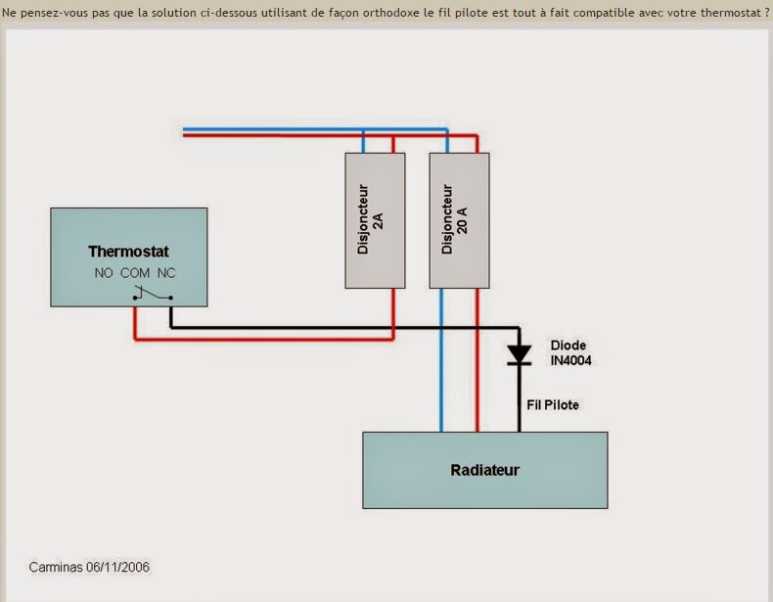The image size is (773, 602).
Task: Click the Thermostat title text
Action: pyautogui.click(x=128, y=252)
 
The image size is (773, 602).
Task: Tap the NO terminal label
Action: pyautogui.click(x=104, y=273)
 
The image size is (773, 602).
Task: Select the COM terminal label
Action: pyautogui.click(x=135, y=273)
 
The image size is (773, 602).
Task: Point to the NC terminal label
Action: pyautogui.click(x=166, y=273)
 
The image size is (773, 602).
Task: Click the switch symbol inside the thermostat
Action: pyautogui.click(x=153, y=294)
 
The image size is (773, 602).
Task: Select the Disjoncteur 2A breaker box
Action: pyautogui.click(x=375, y=220)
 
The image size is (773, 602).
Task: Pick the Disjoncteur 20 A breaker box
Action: pyautogui.click(x=459, y=220)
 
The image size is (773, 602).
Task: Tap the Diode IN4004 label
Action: pyautogui.click(x=570, y=353)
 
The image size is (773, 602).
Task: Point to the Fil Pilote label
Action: pyautogui.click(x=553, y=405)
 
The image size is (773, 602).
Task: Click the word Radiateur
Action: pyautogui.click(x=484, y=470)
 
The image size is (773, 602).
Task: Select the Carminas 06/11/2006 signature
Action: pyautogui.click(x=89, y=567)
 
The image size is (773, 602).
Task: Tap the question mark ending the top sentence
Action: pyautogui.click(x=767, y=13)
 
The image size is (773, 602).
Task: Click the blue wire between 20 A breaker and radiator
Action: pyautogui.click(x=441, y=360)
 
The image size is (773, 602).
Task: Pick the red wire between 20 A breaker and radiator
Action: pyautogui.click(x=477, y=360)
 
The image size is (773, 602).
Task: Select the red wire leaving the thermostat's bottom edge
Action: pyautogui.click(x=135, y=323)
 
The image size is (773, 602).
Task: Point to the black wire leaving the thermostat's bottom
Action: pyautogui.click(x=170, y=316)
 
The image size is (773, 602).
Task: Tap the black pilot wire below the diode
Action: pyautogui.click(x=520, y=398)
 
